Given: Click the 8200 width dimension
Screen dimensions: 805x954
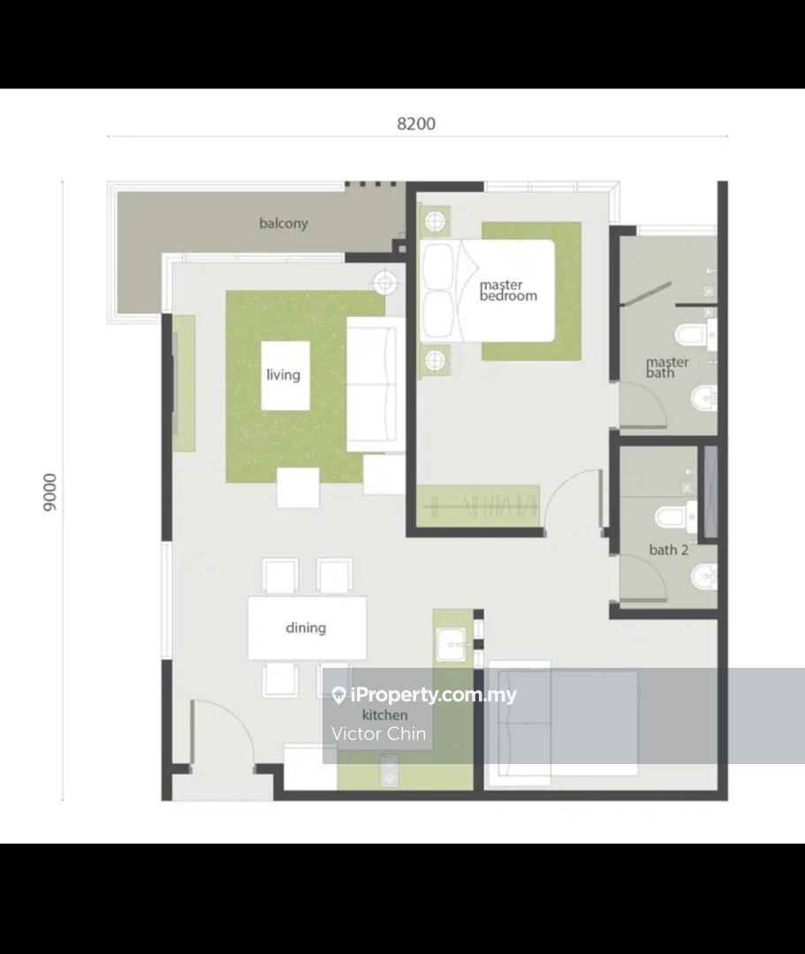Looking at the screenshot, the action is (x=416, y=124).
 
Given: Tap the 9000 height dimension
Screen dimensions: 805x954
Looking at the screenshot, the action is (x=49, y=492).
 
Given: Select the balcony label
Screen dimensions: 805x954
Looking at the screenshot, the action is (x=284, y=223).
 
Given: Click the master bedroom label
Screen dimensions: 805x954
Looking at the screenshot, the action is (x=508, y=291).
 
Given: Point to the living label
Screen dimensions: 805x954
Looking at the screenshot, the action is (x=284, y=375).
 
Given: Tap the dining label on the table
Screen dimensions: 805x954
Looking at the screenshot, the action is (x=306, y=627).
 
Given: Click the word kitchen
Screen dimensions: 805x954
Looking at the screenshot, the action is (x=385, y=715).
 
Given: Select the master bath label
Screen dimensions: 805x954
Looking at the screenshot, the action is (x=667, y=367).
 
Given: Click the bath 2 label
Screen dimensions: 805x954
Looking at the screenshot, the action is (x=669, y=550).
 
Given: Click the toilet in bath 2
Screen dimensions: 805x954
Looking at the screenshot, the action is (x=676, y=517).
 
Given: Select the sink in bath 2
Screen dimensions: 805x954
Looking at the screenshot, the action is (x=704, y=576).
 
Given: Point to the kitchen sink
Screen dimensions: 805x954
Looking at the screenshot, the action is (x=453, y=645).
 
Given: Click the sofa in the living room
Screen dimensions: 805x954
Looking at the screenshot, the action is (x=376, y=384).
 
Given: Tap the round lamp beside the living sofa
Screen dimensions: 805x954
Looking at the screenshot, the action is (x=384, y=283).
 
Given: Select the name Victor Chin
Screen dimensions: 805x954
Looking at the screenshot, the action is (x=378, y=734).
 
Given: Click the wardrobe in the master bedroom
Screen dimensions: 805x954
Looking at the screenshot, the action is (x=479, y=505).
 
